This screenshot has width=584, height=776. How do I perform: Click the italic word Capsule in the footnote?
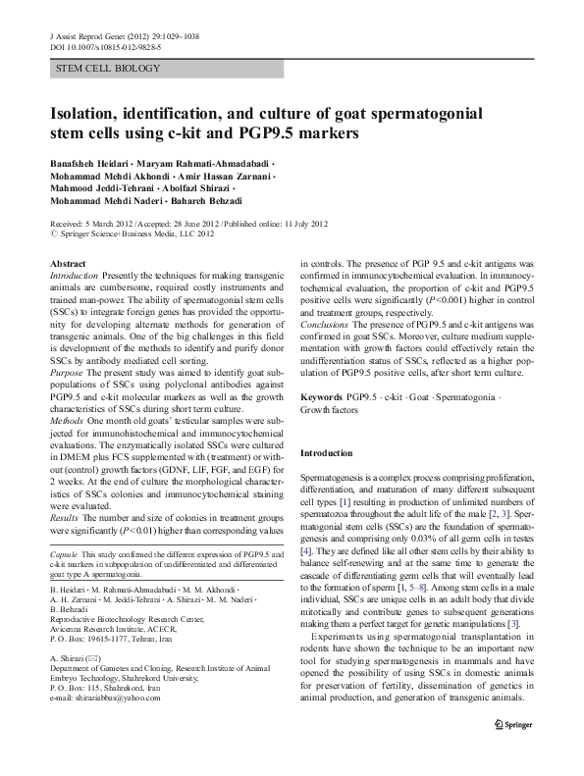64,556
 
